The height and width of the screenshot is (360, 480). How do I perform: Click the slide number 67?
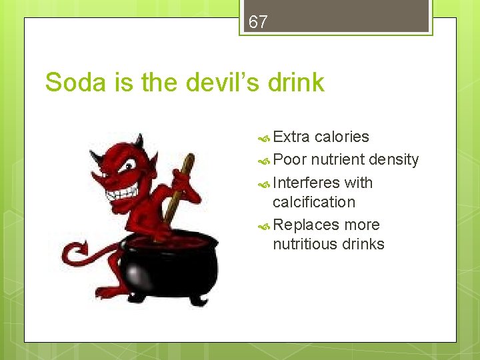point(258,22)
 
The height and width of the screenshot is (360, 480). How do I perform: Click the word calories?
point(341,137)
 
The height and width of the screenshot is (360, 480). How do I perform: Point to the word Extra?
point(291,137)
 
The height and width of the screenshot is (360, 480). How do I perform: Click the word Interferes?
point(306,183)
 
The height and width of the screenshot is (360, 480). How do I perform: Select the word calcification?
point(314,202)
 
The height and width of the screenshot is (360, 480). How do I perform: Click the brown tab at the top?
point(336,17)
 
